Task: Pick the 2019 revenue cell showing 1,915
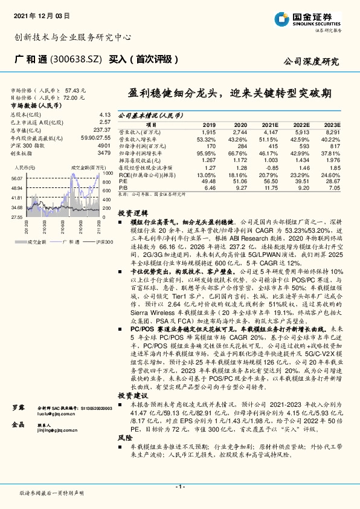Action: point(208,132)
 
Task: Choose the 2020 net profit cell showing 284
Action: point(239,146)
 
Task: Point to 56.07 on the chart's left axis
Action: point(16,178)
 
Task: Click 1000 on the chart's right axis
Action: point(108,172)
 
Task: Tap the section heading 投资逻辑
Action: point(131,213)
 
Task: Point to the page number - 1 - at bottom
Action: point(179,486)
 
